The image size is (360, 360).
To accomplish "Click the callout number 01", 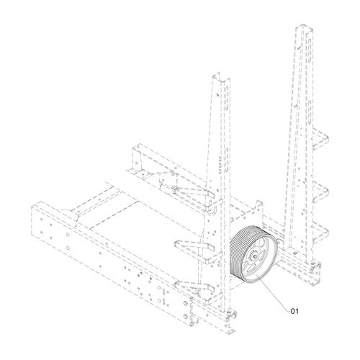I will click(294, 312).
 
